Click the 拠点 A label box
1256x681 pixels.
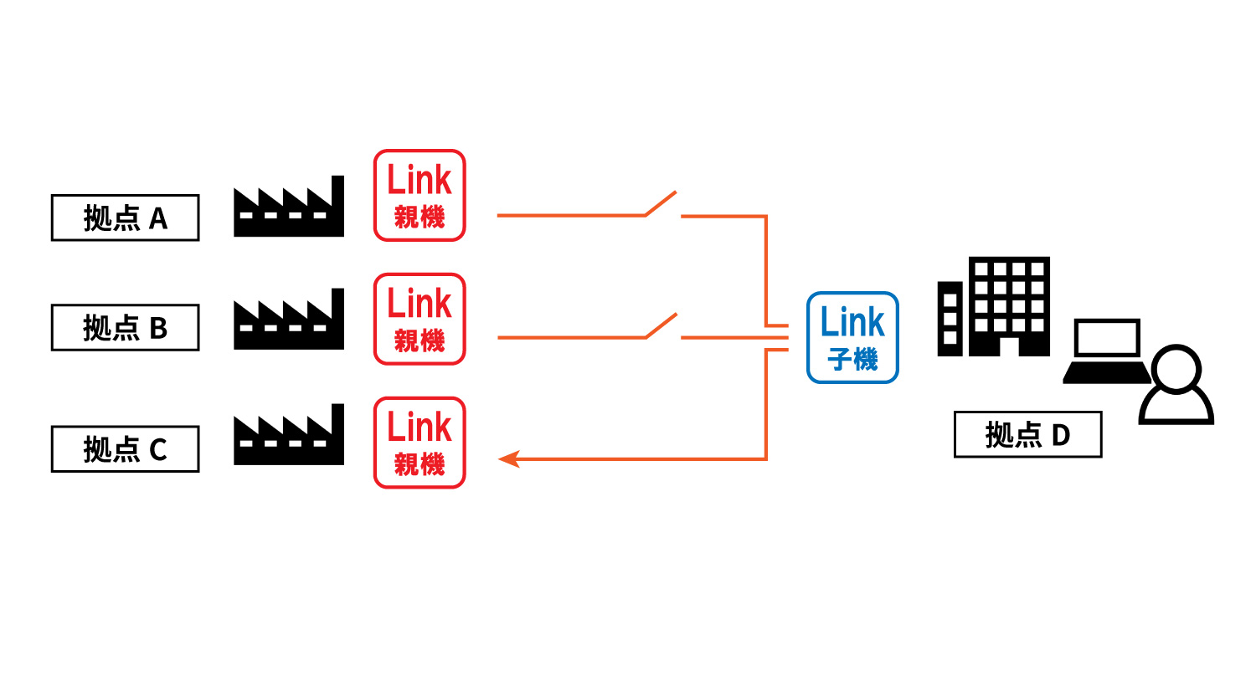(x=125, y=218)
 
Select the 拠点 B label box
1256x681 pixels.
(x=125, y=327)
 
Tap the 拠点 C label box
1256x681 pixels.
(x=125, y=449)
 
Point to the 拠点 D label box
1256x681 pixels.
(x=1027, y=434)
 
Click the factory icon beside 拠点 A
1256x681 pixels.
(x=288, y=209)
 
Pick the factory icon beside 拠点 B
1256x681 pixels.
(x=288, y=321)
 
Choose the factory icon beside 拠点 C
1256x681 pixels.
(x=288, y=437)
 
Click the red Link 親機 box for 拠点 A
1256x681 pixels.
(x=420, y=196)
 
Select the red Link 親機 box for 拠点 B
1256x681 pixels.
(x=420, y=319)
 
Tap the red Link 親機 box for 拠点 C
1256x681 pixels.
(x=420, y=443)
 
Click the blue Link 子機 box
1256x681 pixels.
(x=852, y=338)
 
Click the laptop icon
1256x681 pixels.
(x=1106, y=351)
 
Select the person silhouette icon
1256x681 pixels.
(x=1176, y=387)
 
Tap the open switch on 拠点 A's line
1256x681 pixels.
(x=661, y=203)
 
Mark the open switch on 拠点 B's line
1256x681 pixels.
(x=661, y=326)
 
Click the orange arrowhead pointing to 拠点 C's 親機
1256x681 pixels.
(x=508, y=458)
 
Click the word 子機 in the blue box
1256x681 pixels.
(x=852, y=360)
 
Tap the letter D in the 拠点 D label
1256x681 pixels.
(x=1060, y=435)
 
